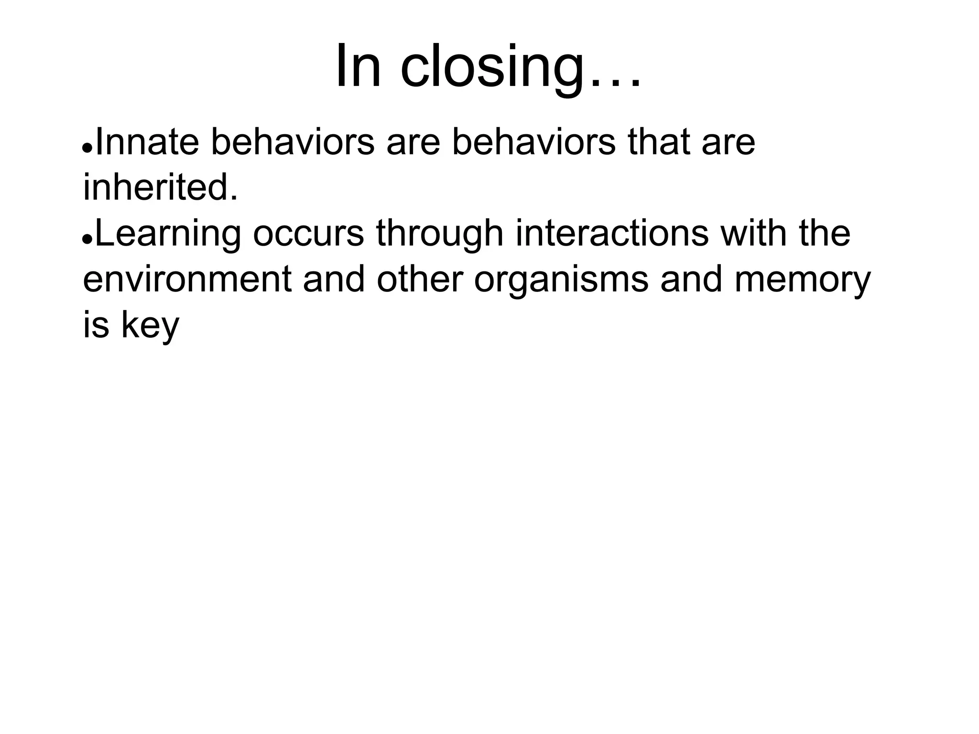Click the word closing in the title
click(492, 67)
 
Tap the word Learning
click(168, 234)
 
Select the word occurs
click(308, 234)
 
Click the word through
click(439, 234)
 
